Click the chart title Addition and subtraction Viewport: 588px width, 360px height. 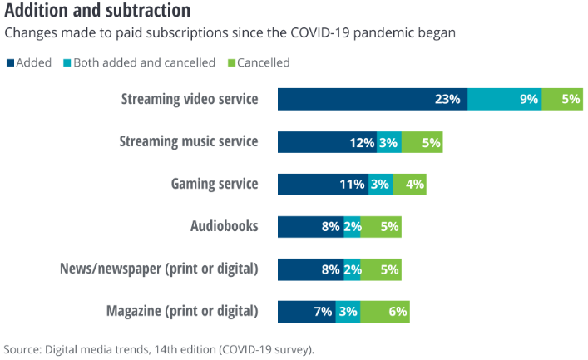pos(97,11)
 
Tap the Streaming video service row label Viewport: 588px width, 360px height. pos(189,99)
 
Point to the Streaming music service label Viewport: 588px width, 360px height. pos(189,141)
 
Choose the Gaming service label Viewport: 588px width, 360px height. pos(215,184)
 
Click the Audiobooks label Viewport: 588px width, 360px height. pos(224,226)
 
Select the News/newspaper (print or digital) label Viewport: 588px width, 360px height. pos(159,269)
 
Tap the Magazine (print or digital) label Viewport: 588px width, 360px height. pos(182,312)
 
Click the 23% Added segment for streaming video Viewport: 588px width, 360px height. pos(372,99)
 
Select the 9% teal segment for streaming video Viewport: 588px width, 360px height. pos(504,99)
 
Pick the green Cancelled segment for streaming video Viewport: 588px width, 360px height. pos(562,99)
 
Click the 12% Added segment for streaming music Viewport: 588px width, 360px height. pos(327,141)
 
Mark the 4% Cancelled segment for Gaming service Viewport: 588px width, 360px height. pos(409,184)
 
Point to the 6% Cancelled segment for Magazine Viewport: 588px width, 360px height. pos(385,312)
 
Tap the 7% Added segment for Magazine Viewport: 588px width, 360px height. pos(306,312)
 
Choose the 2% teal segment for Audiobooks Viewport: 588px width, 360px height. pos(352,226)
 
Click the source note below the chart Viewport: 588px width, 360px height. pos(159,348)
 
